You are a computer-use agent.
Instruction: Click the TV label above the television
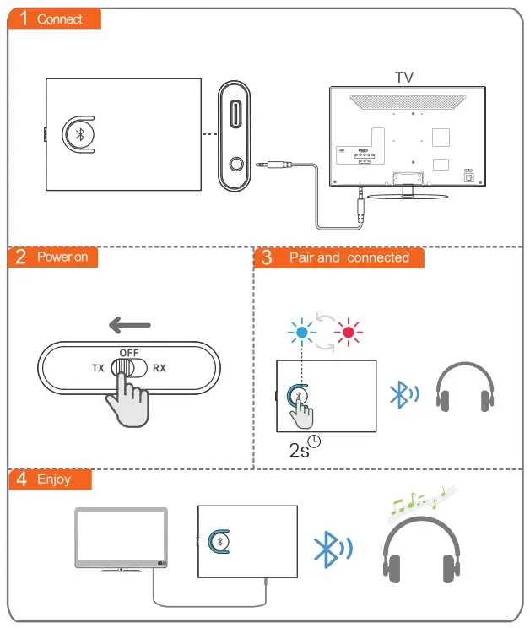tap(404, 77)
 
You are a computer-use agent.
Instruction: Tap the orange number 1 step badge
tap(24, 19)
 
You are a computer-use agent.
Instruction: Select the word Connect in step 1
tap(60, 19)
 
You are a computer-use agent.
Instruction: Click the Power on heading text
tap(62, 257)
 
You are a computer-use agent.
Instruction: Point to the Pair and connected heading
tap(349, 257)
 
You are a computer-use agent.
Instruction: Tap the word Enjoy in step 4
tap(54, 479)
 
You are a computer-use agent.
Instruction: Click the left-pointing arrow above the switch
tap(130, 325)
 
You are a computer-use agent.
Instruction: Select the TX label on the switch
tap(98, 369)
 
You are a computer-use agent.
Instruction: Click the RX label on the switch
tap(160, 369)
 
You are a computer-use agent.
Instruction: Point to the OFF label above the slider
tap(129, 352)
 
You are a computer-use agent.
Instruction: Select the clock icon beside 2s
tap(315, 441)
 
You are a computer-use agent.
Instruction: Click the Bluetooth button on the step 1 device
tap(80, 135)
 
